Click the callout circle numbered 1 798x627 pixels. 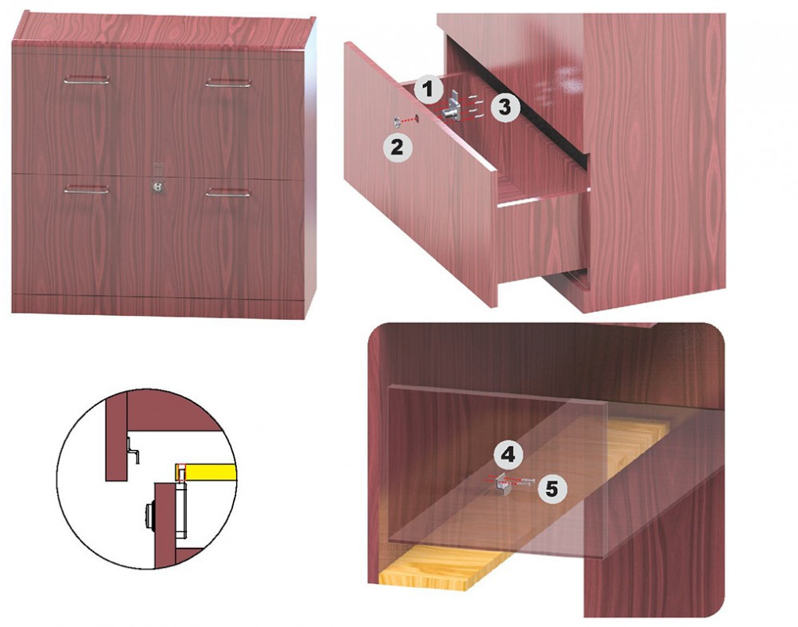[x=428, y=89]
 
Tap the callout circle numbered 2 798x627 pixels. [x=397, y=148]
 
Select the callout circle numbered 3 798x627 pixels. [x=504, y=107]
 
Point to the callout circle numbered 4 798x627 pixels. [x=508, y=454]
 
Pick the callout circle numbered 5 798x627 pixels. [x=551, y=489]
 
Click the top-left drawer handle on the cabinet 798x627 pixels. [x=86, y=80]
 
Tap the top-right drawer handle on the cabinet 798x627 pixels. [x=228, y=83]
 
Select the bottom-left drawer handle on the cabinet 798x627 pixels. [x=86, y=189]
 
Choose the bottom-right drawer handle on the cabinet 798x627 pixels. [x=228, y=192]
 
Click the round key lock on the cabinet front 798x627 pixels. [x=159, y=187]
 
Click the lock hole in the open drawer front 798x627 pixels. [x=417, y=118]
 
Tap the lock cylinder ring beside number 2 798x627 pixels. [x=396, y=121]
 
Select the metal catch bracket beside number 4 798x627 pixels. [x=502, y=482]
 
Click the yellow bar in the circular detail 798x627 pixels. [x=207, y=471]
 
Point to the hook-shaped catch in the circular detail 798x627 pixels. [x=132, y=451]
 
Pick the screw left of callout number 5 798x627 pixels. [x=525, y=481]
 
